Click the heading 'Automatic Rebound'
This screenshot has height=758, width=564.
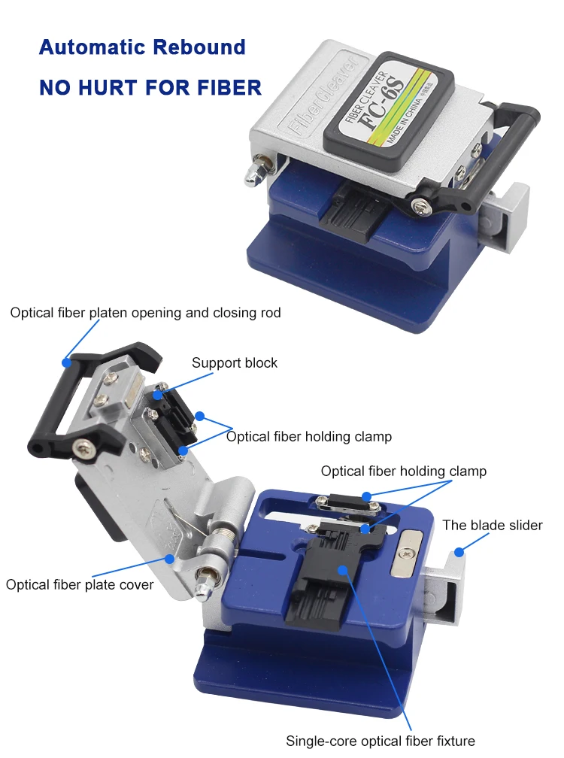point(142,47)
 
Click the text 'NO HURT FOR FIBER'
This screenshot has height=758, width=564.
point(150,87)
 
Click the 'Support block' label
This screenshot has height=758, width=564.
point(234,363)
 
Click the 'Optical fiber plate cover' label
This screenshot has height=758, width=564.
point(80,584)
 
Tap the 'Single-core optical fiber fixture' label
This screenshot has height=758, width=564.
point(380,741)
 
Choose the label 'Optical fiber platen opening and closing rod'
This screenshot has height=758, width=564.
point(145,312)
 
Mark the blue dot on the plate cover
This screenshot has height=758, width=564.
point(171,559)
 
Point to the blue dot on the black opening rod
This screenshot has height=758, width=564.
point(67,362)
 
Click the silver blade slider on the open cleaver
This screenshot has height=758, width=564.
point(444,594)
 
